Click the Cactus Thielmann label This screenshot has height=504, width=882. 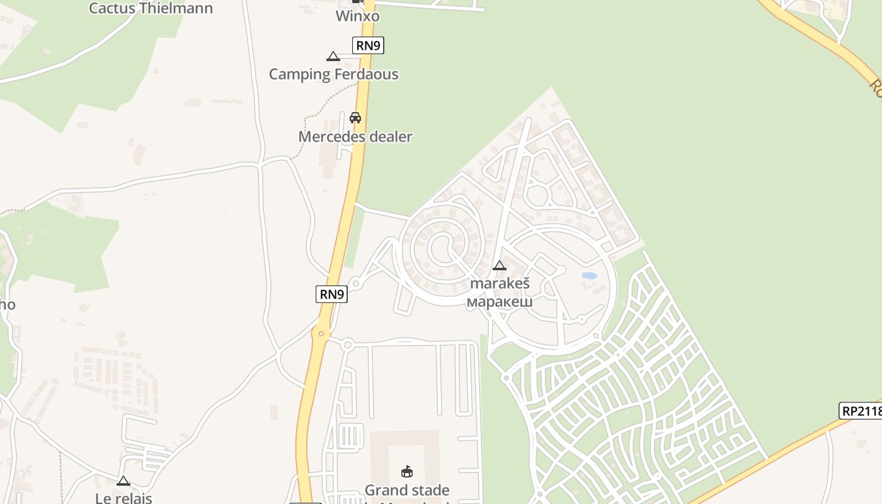pyautogui.click(x=151, y=8)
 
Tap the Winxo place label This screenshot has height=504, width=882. pyautogui.click(x=357, y=16)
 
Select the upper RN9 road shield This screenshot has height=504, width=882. pyautogui.click(x=368, y=45)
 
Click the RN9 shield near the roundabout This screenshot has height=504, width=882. pyautogui.click(x=331, y=294)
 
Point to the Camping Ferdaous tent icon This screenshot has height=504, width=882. pyautogui.click(x=333, y=57)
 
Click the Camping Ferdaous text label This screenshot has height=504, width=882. pyautogui.click(x=333, y=74)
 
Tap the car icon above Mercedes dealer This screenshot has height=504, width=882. pyautogui.click(x=355, y=117)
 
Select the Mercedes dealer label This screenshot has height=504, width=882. pyautogui.click(x=355, y=136)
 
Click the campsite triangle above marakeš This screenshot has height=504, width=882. pyautogui.click(x=500, y=265)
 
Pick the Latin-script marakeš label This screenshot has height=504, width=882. pyautogui.click(x=500, y=283)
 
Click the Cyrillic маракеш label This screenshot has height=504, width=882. pyautogui.click(x=500, y=301)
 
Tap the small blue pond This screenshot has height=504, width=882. pyautogui.click(x=590, y=275)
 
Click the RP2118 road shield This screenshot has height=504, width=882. pyautogui.click(x=861, y=411)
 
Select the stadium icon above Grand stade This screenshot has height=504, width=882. pyautogui.click(x=407, y=471)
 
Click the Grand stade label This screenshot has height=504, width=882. pyautogui.click(x=407, y=490)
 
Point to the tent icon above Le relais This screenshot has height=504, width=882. pyautogui.click(x=123, y=481)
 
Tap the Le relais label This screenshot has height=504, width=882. pyautogui.click(x=123, y=498)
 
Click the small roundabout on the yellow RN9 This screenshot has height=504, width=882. pyautogui.click(x=321, y=333)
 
